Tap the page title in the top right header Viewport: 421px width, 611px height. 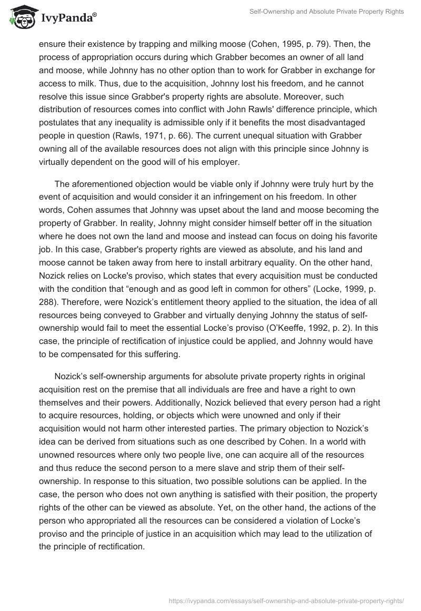326,12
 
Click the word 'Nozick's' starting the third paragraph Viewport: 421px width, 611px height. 72,376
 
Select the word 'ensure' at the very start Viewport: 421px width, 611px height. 52,45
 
